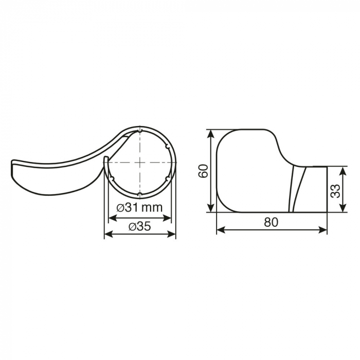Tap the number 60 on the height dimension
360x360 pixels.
click(204, 171)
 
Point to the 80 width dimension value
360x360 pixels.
click(271, 222)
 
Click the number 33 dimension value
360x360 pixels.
click(335, 191)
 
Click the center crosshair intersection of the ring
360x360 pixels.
click(140, 162)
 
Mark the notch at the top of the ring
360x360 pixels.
click(140, 131)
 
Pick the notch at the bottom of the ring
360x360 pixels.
click(140, 194)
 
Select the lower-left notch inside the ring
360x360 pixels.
click(112, 178)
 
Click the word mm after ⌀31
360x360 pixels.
click(153, 207)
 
